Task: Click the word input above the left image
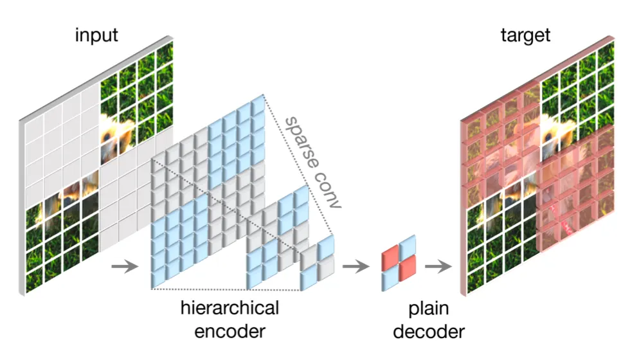(x=96, y=34)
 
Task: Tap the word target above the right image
(x=526, y=34)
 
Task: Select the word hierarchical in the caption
(x=229, y=308)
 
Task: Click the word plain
(x=428, y=309)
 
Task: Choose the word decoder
(x=428, y=332)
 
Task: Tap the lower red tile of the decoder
(x=407, y=271)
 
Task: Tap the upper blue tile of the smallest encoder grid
(x=326, y=246)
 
